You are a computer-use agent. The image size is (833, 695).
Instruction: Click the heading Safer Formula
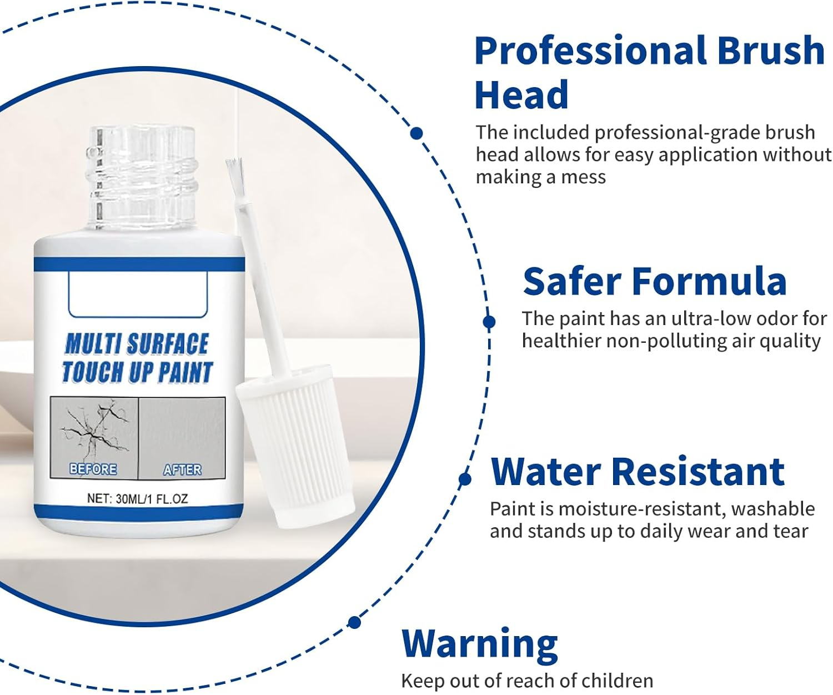(654, 282)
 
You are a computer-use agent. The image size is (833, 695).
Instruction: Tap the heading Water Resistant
(637, 472)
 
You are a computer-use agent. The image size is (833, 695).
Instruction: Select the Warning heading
(479, 644)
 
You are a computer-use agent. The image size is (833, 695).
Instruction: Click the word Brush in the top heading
(770, 51)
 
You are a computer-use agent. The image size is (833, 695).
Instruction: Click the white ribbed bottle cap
(295, 444)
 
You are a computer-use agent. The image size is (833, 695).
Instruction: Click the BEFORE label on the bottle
(93, 469)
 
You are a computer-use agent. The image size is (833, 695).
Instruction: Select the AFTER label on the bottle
(182, 469)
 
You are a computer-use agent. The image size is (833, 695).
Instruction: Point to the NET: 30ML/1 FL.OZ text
(137, 498)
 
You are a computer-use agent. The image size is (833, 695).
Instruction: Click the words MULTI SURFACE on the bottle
(137, 344)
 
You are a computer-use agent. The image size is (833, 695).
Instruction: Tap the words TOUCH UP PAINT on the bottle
(137, 372)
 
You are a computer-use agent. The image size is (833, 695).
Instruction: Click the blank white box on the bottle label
(138, 294)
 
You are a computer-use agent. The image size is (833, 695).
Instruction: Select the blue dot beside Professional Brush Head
(416, 133)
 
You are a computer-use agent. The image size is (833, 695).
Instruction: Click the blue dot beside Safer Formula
(489, 322)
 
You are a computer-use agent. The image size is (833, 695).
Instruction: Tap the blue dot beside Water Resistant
(465, 479)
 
